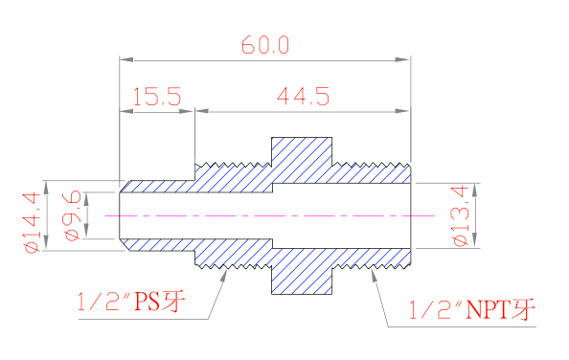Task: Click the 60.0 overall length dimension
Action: (x=265, y=45)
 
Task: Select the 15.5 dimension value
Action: (x=157, y=97)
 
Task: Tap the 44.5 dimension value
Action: (x=303, y=96)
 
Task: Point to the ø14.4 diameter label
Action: (x=32, y=222)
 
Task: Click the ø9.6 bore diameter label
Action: (x=71, y=215)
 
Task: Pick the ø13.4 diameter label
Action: (x=460, y=216)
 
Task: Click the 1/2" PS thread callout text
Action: (x=131, y=302)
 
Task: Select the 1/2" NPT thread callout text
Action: (x=471, y=309)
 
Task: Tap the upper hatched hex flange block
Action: (x=302, y=160)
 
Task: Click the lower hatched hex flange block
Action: (x=302, y=271)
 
